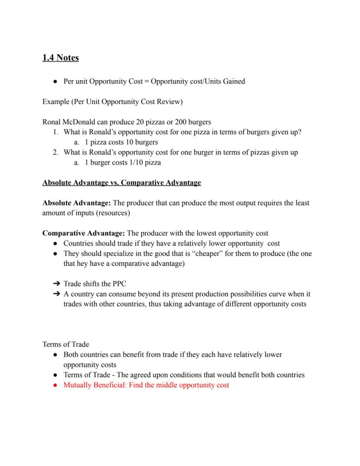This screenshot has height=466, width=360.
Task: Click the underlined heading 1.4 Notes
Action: (60, 57)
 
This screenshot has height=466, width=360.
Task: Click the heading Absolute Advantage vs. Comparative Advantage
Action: (121, 182)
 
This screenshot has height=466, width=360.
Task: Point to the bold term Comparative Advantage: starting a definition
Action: (83, 233)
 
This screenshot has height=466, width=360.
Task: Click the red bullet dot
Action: (55, 385)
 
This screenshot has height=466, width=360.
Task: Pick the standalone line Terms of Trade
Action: (66, 344)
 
